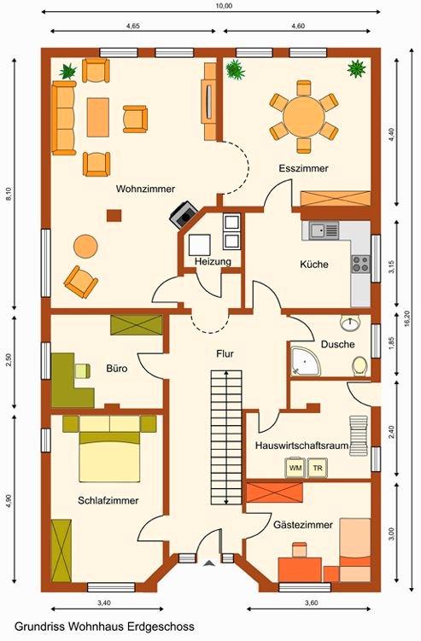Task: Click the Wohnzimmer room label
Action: click(x=145, y=189)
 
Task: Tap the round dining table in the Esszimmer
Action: click(x=303, y=117)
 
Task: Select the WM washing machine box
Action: click(x=295, y=468)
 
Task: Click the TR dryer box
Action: click(x=318, y=468)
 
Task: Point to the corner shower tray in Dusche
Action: click(x=305, y=361)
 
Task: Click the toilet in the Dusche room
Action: click(x=360, y=365)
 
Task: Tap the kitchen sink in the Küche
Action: click(x=324, y=230)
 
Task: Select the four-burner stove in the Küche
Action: click(x=361, y=264)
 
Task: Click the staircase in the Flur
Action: click(x=226, y=438)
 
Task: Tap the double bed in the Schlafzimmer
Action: click(x=109, y=448)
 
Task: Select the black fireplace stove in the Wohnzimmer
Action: click(x=184, y=213)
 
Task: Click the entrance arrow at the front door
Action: click(x=209, y=563)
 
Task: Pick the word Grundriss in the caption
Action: click(x=40, y=626)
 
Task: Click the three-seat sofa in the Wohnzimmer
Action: click(x=64, y=118)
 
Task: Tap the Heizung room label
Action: click(x=213, y=261)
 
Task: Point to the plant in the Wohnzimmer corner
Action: click(x=68, y=71)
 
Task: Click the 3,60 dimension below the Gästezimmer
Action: click(x=312, y=603)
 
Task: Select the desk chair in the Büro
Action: click(x=82, y=370)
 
